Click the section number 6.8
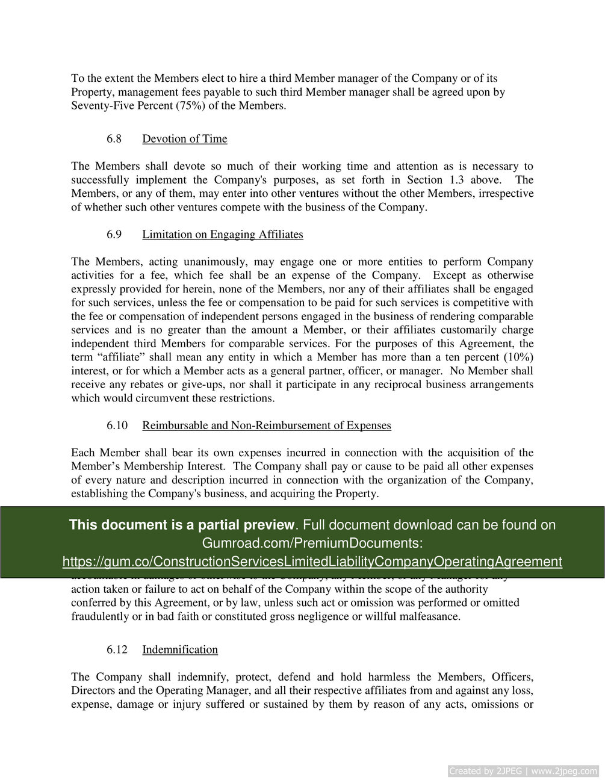coord(114,139)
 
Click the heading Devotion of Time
coord(185,139)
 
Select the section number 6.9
coord(114,235)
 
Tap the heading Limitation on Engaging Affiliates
coord(223,235)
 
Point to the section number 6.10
coord(117,426)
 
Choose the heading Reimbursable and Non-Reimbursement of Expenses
coord(267,426)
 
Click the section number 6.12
coord(117,649)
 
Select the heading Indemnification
coord(180,649)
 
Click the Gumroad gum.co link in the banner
coord(312,562)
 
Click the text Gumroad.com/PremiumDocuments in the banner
coord(312,543)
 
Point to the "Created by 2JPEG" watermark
coord(523,771)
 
